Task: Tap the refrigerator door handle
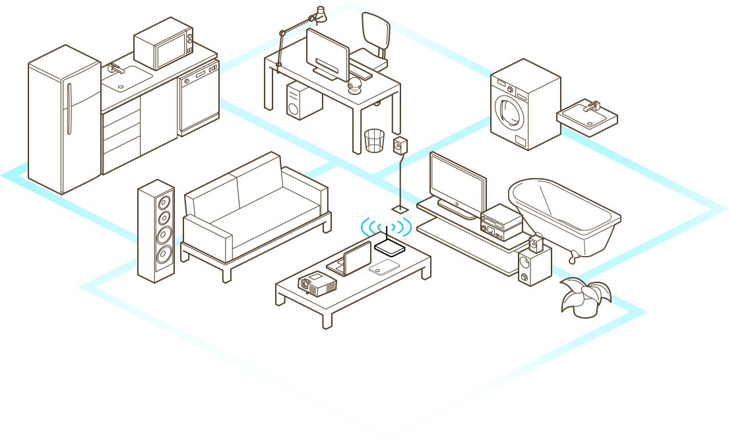(x=69, y=109)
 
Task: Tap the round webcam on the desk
(x=356, y=86)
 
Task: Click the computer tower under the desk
(x=303, y=100)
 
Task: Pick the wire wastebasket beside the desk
(x=374, y=141)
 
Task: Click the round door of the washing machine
(x=509, y=108)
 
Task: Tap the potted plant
(x=585, y=297)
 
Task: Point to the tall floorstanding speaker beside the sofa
(x=156, y=231)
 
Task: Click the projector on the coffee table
(x=317, y=284)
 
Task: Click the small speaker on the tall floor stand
(x=400, y=145)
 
